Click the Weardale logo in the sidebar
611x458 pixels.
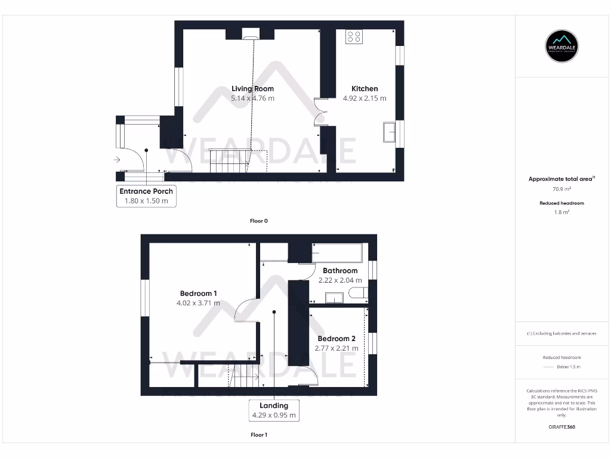point(563,46)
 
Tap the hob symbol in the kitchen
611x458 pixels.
point(354,36)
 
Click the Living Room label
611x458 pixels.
point(252,89)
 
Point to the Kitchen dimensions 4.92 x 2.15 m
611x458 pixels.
point(364,98)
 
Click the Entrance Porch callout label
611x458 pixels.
point(146,191)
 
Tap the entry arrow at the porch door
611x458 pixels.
point(116,159)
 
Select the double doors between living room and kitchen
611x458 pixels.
point(321,112)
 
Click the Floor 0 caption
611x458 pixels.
point(259,221)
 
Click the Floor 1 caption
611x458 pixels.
point(259,435)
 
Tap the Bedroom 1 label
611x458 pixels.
point(198,293)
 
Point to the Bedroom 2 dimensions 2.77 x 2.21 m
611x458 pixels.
point(337,348)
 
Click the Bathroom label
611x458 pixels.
point(340,271)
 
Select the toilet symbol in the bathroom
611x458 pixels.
point(360,294)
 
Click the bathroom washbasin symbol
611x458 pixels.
point(334,298)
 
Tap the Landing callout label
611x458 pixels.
point(274,406)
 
